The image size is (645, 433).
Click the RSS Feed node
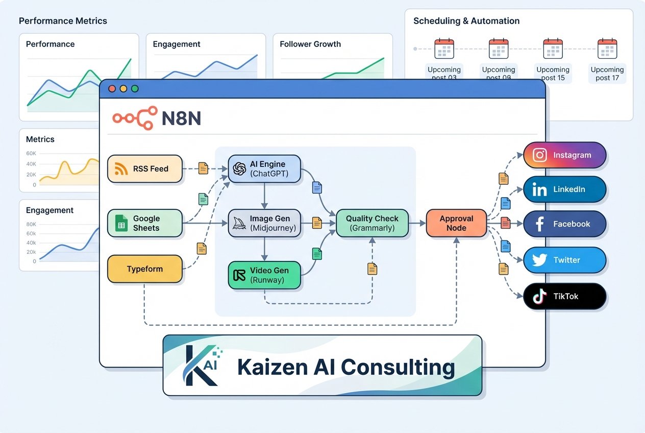145,169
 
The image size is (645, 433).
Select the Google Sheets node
145,223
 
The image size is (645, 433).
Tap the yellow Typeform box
145,269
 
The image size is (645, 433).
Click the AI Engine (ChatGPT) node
264,169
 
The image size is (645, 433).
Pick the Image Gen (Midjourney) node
264,223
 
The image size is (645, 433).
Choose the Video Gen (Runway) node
264,275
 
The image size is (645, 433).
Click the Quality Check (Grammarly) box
372,223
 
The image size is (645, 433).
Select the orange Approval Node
456,223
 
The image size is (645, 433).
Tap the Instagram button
565,155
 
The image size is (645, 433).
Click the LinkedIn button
565,189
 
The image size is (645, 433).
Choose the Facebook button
565,224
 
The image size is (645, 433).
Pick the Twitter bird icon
539,260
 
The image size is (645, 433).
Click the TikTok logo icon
539,296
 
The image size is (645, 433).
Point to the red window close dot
112,89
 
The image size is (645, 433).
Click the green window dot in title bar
135,89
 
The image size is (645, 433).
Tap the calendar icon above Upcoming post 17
607,49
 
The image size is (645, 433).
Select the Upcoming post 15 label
553,74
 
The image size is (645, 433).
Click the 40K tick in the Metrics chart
31,164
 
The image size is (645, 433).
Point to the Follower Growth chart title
310,44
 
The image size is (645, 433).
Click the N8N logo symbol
134,118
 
